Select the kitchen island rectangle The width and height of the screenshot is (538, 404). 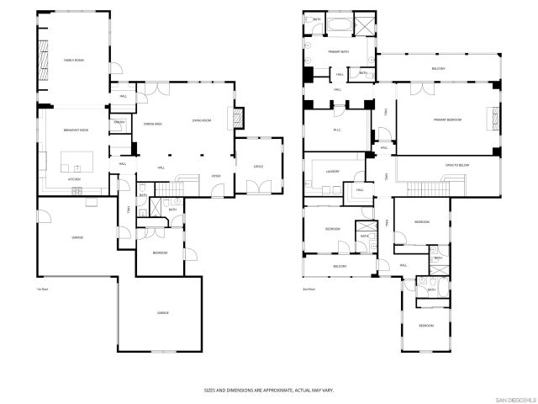coord(80,161)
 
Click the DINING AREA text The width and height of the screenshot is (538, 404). coord(152,124)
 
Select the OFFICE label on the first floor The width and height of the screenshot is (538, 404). coord(259,167)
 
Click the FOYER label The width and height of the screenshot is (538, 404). coord(215,177)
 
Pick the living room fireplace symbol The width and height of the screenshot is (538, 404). coord(240,118)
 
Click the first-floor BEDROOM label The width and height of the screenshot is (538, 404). coord(160,252)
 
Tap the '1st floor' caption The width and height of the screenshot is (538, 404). coord(41,289)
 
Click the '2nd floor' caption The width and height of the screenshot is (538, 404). coord(309,289)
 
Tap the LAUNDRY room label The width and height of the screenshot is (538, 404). coord(333,172)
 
